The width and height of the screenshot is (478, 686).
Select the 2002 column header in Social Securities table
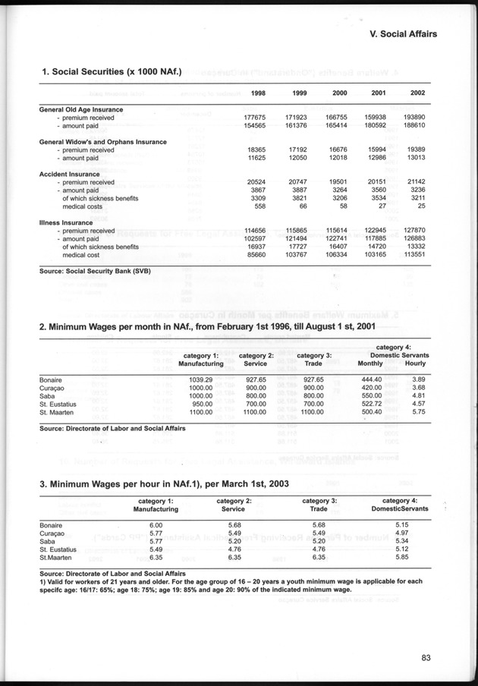click(417, 93)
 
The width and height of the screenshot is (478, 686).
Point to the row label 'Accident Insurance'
click(69, 174)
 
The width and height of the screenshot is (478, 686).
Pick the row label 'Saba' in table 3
click(47, 541)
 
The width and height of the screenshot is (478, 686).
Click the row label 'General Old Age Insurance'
click(80, 109)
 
